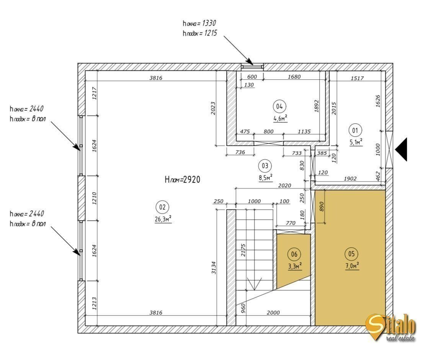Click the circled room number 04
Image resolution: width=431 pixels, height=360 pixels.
[x=279, y=106]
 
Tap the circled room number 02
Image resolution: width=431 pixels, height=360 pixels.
[x=162, y=207]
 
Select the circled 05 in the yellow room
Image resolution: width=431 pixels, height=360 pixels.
[x=351, y=254]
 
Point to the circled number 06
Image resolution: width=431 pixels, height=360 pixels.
[x=294, y=254]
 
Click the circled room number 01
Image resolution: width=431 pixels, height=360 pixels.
[x=355, y=130]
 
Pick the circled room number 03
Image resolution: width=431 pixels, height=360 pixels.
[x=265, y=166]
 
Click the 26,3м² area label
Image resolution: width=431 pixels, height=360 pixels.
[x=163, y=219]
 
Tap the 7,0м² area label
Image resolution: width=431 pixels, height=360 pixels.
[x=352, y=266]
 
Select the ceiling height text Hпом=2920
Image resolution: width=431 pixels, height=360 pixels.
[x=183, y=180]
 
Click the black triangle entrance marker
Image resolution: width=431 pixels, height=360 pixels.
[x=402, y=149]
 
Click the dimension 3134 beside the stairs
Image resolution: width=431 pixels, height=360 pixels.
[x=214, y=268]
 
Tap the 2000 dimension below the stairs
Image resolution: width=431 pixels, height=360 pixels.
[x=273, y=313]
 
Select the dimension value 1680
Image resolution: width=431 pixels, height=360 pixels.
[x=294, y=77]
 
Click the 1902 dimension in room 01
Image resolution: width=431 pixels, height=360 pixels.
[x=350, y=178]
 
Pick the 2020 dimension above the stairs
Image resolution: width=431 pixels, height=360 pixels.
[x=284, y=185]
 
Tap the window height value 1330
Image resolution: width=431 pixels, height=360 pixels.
[x=209, y=23]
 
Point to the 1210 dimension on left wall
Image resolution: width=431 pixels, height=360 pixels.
[x=94, y=198]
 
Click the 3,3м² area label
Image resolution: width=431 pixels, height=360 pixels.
[x=295, y=266]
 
